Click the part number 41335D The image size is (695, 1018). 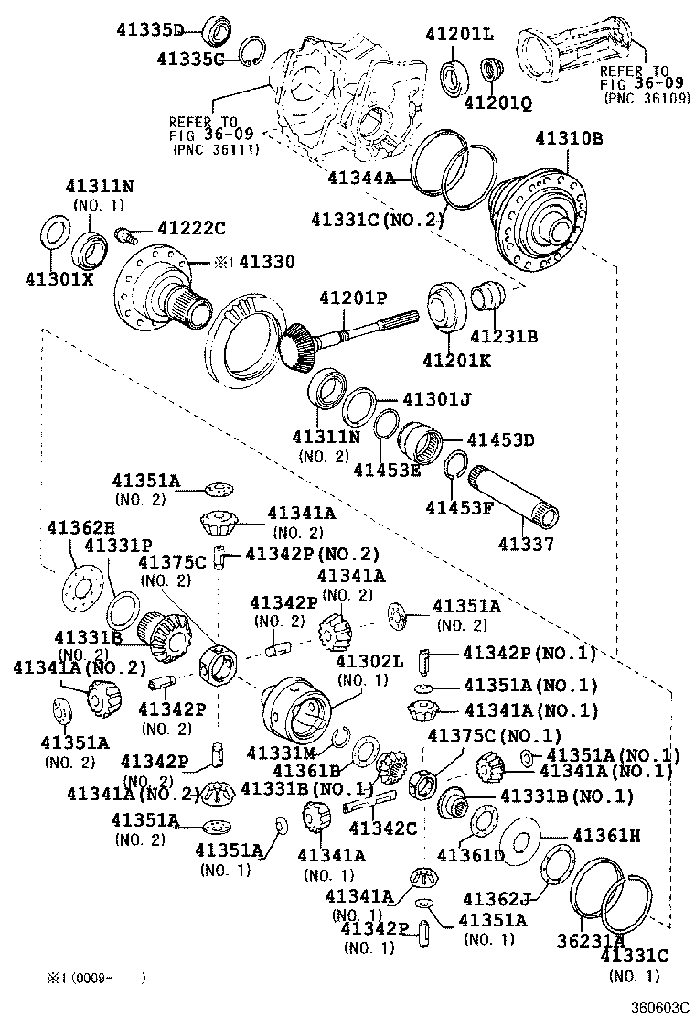[150, 29]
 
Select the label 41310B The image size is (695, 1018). [568, 139]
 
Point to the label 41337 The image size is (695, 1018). [526, 545]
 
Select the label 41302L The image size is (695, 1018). [369, 661]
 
